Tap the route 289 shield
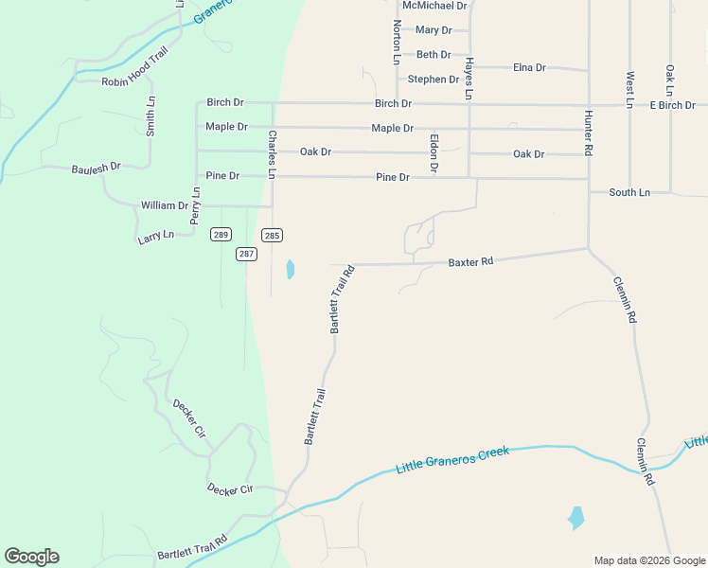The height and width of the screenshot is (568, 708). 221,235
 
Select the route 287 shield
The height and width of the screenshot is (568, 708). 246,254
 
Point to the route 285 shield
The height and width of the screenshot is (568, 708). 273,235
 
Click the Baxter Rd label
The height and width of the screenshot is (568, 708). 470,261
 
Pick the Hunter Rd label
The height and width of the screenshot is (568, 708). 588,133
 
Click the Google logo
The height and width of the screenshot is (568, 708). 31,557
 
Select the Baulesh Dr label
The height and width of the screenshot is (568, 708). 97,168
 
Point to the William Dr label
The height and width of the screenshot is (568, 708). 165,205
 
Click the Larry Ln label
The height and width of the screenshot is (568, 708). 155,235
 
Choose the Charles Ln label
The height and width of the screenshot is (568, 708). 272,154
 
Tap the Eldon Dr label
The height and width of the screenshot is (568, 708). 434,152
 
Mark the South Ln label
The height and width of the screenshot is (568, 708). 629,192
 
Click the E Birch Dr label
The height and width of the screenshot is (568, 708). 672,105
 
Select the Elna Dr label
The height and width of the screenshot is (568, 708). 529,67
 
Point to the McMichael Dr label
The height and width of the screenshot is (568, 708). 434,6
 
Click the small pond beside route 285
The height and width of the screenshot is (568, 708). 290,270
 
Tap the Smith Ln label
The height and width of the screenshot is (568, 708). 150,115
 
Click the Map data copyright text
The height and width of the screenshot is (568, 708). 648,560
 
